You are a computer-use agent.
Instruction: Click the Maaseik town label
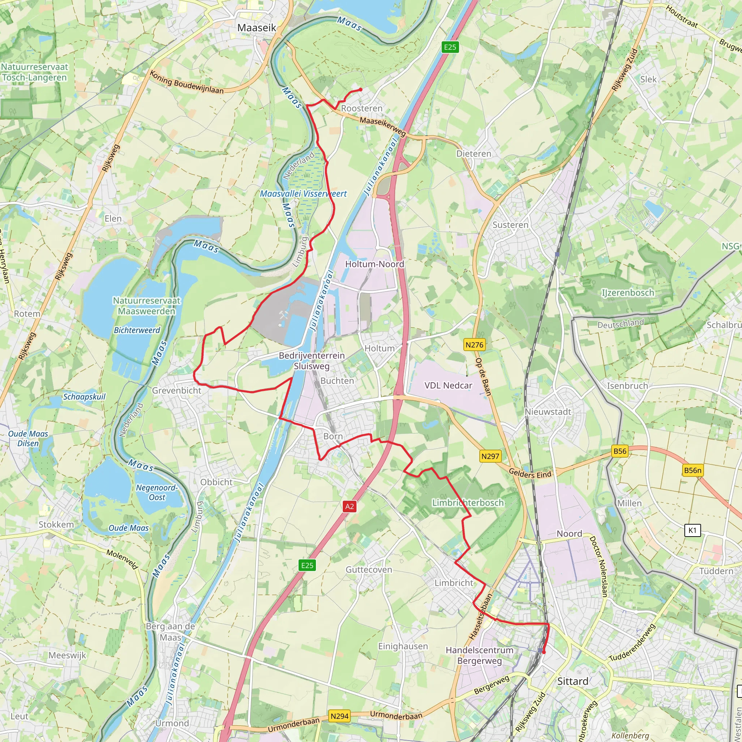click(x=257, y=28)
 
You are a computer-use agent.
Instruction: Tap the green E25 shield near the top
click(x=450, y=47)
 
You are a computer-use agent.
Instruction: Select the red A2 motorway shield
click(x=349, y=506)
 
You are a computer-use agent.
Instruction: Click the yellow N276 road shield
click(x=474, y=345)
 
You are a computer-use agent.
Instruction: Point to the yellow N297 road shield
click(x=491, y=456)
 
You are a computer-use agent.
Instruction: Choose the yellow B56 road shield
click(x=620, y=451)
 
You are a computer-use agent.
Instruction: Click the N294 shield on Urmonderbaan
click(x=339, y=716)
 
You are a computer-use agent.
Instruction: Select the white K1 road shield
click(x=692, y=530)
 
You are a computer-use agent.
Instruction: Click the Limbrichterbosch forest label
click(x=468, y=503)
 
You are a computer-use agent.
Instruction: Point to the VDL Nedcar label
click(x=448, y=385)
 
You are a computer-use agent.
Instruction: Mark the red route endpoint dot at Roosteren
click(x=360, y=90)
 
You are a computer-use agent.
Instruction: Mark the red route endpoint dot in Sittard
click(x=543, y=652)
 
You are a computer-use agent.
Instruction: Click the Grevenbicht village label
click(x=177, y=391)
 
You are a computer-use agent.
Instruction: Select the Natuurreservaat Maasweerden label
click(x=146, y=306)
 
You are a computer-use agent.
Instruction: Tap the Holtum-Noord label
click(x=375, y=264)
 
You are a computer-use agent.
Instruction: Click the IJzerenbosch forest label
click(x=628, y=293)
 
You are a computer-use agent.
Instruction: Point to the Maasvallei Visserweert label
click(x=303, y=194)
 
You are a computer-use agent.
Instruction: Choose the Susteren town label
click(x=510, y=225)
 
